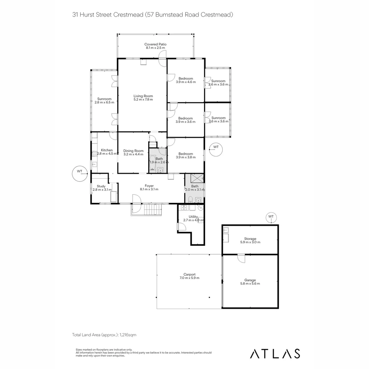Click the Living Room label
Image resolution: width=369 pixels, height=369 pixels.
(143, 96)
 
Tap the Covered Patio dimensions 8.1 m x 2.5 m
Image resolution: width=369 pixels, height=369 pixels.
(155, 48)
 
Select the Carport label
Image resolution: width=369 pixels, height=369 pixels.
(189, 274)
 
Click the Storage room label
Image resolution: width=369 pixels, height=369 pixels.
(250, 239)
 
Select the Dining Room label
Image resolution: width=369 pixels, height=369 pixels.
(133, 151)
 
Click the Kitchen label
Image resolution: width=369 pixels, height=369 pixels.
(107, 150)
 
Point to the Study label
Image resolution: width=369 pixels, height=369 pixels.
(101, 186)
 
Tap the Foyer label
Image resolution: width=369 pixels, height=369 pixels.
(149, 186)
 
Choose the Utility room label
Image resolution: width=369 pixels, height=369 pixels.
(193, 217)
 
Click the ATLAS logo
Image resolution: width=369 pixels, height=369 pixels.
(275, 353)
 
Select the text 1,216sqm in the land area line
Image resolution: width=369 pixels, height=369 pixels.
(128, 335)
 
